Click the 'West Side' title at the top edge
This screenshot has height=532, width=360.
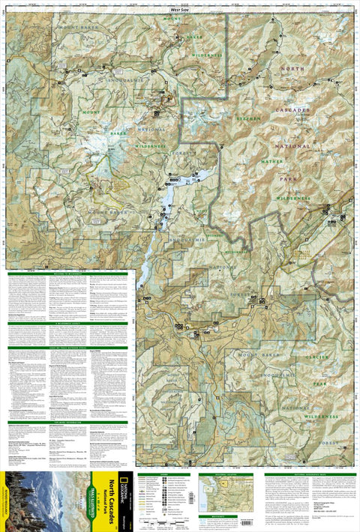[x=181, y=8]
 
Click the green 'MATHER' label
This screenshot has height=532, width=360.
[x=270, y=160]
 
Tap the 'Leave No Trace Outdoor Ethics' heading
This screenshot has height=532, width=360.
[x=67, y=347]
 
